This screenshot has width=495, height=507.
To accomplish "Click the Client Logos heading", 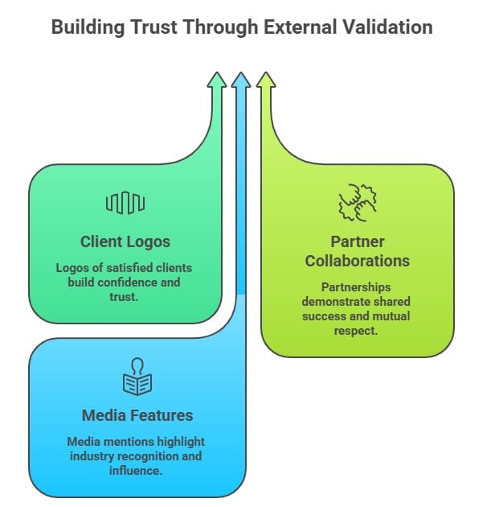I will click(x=125, y=241).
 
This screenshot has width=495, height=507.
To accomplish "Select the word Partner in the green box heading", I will click(x=358, y=241).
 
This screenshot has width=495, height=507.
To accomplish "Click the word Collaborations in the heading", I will click(x=358, y=261).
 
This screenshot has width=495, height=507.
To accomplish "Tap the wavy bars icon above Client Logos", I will click(x=125, y=204).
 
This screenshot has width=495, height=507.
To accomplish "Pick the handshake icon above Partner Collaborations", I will click(x=358, y=203).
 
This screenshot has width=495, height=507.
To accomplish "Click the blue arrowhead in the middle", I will click(x=241, y=80).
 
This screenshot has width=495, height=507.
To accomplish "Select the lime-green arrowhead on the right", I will click(x=266, y=80).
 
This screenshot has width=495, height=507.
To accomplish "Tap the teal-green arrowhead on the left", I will click(x=216, y=80).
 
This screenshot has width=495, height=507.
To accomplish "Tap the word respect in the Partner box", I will click(x=358, y=330).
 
